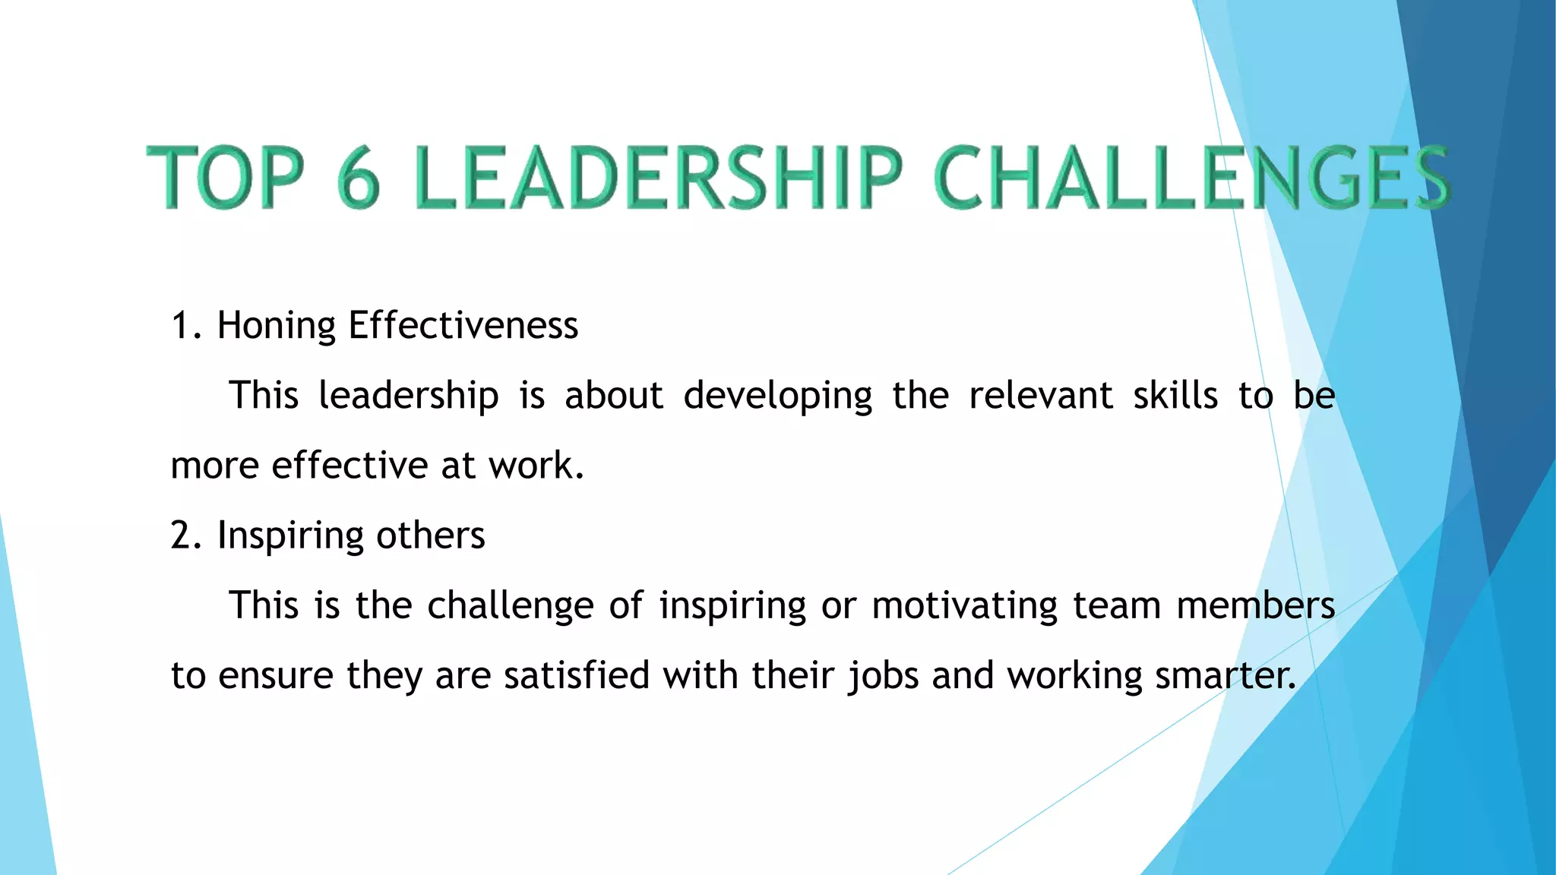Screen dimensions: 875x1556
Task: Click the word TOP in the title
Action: (226, 178)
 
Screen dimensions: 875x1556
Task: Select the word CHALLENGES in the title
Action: (1192, 178)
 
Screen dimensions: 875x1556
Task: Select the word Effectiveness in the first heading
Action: (463, 326)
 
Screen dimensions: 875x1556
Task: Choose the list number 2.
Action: (184, 535)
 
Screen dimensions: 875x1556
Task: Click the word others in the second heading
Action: (430, 535)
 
